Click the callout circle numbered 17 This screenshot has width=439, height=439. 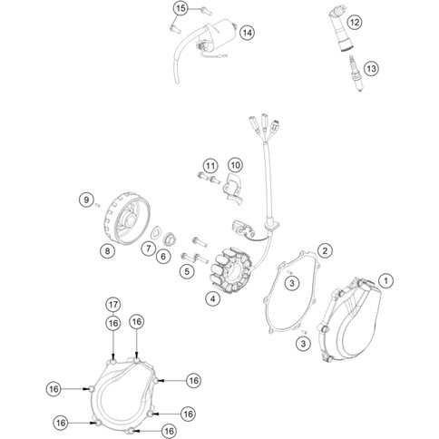pyautogui.click(x=113, y=305)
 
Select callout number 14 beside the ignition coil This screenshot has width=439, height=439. pyautogui.click(x=248, y=33)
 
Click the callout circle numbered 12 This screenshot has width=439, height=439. pyautogui.click(x=355, y=22)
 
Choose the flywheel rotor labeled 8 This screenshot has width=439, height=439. pyautogui.click(x=129, y=218)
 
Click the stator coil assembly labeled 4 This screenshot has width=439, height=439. pyautogui.click(x=233, y=270)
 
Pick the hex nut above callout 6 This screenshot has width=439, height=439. pyautogui.click(x=170, y=240)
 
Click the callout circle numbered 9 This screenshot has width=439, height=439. pyautogui.click(x=87, y=200)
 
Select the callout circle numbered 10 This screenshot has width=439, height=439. pyautogui.click(x=235, y=165)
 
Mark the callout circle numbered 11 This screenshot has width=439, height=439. pyautogui.click(x=210, y=166)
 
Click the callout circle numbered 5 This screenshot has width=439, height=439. pyautogui.click(x=187, y=271)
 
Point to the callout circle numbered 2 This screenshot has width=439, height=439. pyautogui.click(x=325, y=250)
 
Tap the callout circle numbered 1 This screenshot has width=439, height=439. pyautogui.click(x=385, y=281)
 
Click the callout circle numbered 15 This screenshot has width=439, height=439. pyautogui.click(x=180, y=9)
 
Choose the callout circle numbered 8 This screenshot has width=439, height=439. pyautogui.click(x=108, y=250)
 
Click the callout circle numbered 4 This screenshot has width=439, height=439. pyautogui.click(x=213, y=299)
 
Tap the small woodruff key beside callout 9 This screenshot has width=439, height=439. pyautogui.click(x=97, y=205)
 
